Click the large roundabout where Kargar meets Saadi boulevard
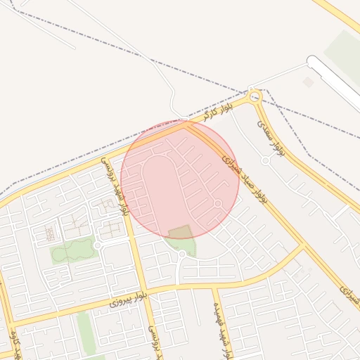coord(255,96)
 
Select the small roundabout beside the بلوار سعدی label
coord(266,160)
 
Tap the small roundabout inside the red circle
coord(218,204)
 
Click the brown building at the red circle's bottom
coord(180,233)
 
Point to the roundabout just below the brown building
coord(182,253)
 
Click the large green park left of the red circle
coord(72,250)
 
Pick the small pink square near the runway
coord(308,82)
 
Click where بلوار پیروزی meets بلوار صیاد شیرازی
coord(304,245)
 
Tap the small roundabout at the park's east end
coord(98,245)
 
